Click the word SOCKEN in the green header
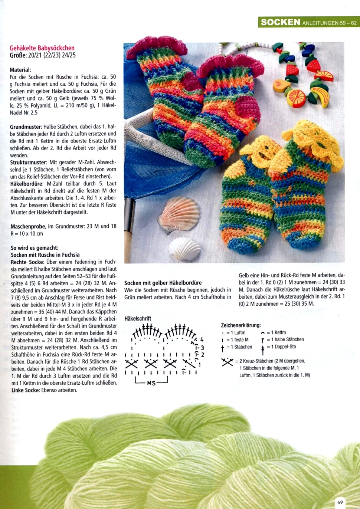(280, 22)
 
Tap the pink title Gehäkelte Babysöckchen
(42, 48)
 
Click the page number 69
(340, 502)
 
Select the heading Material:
(20, 70)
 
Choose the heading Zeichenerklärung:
(241, 325)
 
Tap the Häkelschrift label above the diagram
(138, 318)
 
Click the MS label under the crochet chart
(151, 383)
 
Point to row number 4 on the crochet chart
(202, 339)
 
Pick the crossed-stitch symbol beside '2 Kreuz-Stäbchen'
(227, 362)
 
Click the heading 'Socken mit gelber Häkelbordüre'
(163, 283)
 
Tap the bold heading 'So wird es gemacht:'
(35, 248)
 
